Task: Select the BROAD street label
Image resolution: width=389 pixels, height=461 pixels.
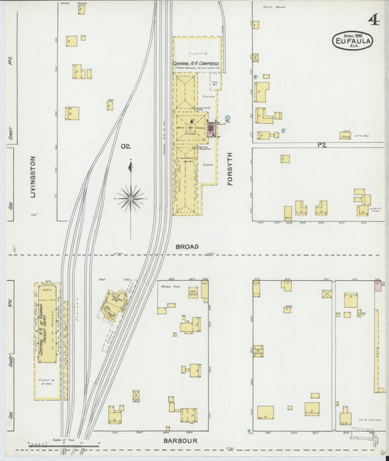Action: tap(187, 247)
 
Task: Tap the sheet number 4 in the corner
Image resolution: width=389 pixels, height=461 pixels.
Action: tap(373, 16)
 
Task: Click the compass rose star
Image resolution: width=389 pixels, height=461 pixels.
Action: tap(130, 197)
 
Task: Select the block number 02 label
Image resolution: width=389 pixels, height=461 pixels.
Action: tap(126, 147)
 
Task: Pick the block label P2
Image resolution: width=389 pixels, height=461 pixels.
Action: tap(320, 145)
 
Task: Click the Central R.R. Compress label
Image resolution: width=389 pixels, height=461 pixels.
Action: tap(196, 63)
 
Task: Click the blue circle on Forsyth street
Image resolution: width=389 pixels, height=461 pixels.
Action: tap(227, 118)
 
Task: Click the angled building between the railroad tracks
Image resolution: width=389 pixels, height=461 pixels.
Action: tap(114, 305)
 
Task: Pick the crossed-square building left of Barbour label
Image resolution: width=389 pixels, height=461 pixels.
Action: tap(136, 395)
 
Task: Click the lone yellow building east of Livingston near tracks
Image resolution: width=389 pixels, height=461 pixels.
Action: tap(109, 105)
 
